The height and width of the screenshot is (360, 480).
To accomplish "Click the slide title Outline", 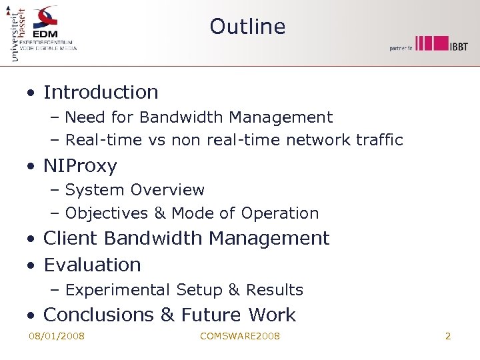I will pos(247,27).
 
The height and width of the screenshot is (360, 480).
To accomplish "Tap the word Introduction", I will pos(101,92).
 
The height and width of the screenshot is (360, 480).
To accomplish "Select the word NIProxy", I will pos(80,165).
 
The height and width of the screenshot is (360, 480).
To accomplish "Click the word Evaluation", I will pos(92,265).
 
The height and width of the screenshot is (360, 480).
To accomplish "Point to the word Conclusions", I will pos(96,315).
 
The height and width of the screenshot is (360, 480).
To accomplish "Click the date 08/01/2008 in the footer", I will pos(57,336).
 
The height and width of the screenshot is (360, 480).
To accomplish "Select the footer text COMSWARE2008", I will pos(240,336).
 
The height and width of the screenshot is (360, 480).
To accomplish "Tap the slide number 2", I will pos(448,336).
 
